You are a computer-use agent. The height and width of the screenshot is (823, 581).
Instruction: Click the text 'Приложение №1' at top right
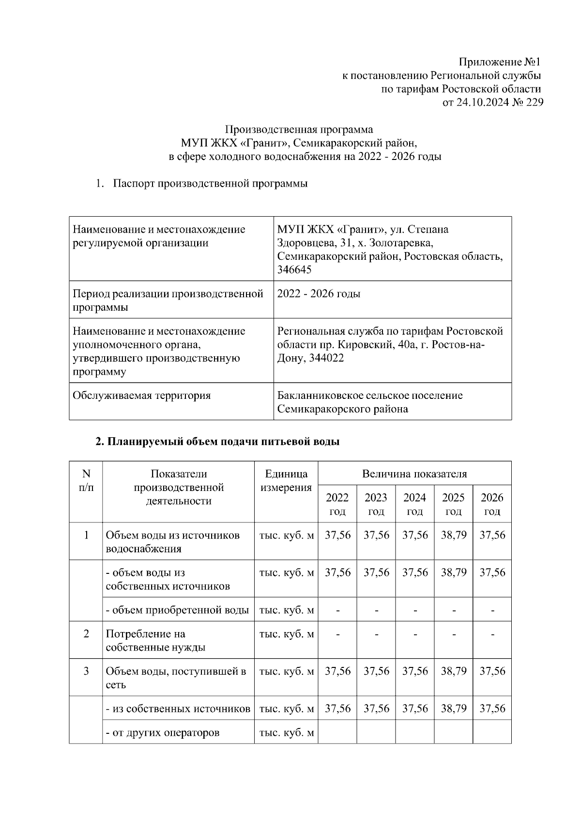point(499,62)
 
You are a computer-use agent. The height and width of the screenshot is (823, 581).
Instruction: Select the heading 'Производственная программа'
point(299,129)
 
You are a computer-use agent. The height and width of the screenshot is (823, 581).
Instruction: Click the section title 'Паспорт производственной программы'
point(210,184)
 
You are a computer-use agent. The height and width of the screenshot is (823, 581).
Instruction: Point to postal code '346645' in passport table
point(294,270)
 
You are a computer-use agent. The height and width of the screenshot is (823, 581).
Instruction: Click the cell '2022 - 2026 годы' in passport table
point(319,294)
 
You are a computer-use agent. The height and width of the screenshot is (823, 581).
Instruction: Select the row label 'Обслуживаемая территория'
point(141,396)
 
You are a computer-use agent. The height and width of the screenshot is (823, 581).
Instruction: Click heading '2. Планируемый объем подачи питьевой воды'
point(217,442)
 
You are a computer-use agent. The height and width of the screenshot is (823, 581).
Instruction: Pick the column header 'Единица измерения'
point(286,481)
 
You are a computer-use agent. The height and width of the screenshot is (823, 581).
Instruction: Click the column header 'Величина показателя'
point(414,474)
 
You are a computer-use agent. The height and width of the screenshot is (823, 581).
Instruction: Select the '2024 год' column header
point(414,504)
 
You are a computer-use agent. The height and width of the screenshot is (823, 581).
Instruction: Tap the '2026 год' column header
point(492,504)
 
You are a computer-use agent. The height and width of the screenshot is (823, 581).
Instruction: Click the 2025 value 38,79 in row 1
point(453,535)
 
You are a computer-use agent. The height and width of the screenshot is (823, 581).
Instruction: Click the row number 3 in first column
point(86,671)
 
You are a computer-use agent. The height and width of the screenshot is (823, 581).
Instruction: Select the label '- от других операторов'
point(162,732)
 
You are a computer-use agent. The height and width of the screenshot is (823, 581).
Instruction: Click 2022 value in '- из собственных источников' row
point(337,709)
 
